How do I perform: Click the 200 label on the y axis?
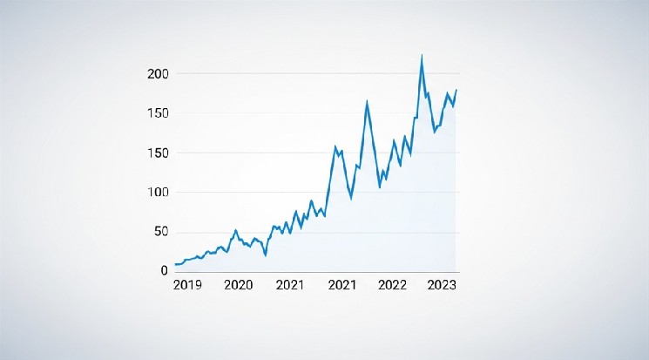158,74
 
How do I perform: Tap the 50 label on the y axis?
160,232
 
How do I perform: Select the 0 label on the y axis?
165,271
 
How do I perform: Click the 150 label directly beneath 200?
158,113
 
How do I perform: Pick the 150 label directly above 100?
158,153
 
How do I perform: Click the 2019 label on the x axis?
187,286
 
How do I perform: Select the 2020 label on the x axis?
238,286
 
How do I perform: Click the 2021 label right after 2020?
290,286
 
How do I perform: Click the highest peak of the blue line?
422,56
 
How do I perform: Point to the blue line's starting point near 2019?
175,264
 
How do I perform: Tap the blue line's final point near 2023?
456,90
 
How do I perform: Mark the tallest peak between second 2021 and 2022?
367,102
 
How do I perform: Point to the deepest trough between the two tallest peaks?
380,187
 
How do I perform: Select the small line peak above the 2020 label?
235,230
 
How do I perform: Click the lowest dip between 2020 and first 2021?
265,255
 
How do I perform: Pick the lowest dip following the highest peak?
435,132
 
